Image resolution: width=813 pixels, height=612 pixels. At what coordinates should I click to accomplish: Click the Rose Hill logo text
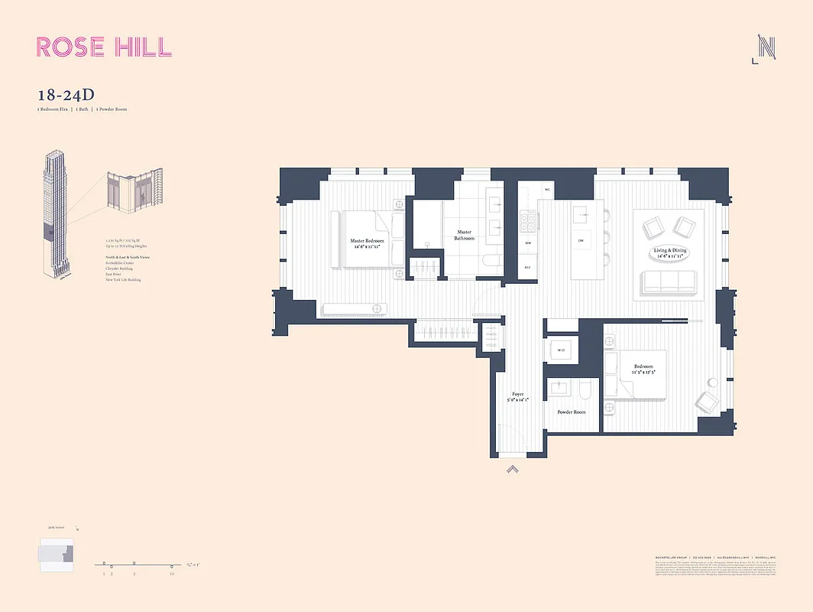(105, 47)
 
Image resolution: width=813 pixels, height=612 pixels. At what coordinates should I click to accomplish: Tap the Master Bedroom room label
(367, 244)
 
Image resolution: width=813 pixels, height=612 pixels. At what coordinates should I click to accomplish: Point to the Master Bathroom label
(465, 235)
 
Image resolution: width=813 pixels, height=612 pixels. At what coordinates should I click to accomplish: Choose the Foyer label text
(518, 397)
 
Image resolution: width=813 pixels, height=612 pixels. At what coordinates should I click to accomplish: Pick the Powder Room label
(571, 412)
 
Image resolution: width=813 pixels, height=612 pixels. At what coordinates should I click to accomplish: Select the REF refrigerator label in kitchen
(527, 267)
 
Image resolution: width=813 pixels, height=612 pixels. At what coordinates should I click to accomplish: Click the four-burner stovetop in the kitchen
(527, 222)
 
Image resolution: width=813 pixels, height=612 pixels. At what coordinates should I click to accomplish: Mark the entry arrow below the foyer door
(512, 469)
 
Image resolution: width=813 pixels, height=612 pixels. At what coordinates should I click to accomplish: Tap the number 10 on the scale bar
(172, 573)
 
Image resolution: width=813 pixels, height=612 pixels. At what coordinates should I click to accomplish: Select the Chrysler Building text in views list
(119, 269)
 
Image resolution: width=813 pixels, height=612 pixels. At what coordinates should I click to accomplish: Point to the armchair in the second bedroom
(706, 400)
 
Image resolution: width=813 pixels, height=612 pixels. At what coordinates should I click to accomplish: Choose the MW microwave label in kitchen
(527, 243)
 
